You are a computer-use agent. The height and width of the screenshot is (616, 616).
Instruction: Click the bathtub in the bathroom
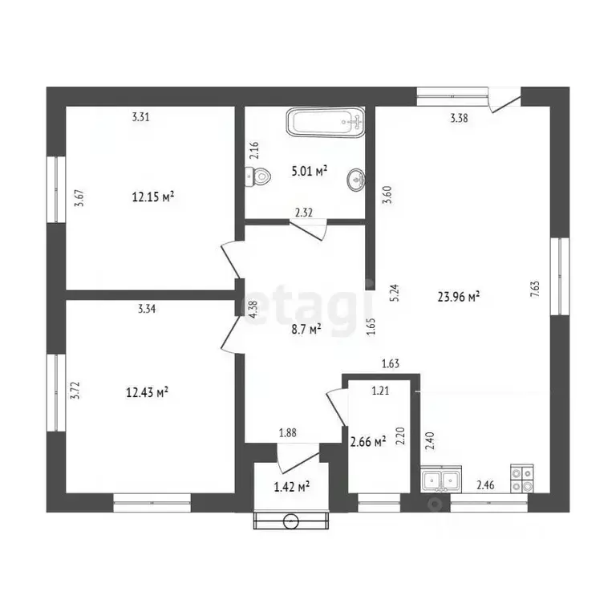tap(326, 122)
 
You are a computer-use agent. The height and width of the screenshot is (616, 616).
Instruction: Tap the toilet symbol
tap(257, 177)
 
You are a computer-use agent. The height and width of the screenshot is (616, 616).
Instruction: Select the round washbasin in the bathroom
tap(356, 180)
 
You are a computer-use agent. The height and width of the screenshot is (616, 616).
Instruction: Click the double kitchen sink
tap(441, 479)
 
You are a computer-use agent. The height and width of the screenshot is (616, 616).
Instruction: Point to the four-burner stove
tap(521, 478)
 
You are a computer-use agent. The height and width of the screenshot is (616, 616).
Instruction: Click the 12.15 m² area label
tap(153, 197)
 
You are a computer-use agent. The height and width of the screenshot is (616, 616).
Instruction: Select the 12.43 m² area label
tap(148, 392)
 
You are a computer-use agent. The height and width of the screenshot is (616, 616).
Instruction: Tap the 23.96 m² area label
tap(459, 296)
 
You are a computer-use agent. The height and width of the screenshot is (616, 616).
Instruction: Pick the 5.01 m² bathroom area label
tap(310, 171)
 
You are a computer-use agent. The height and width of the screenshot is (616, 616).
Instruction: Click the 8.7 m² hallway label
tap(306, 329)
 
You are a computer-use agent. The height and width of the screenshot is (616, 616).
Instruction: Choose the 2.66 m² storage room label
tap(368, 442)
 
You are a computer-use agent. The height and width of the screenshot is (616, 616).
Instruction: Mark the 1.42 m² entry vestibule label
tap(291, 487)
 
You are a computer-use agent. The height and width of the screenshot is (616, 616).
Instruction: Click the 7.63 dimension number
tap(535, 289)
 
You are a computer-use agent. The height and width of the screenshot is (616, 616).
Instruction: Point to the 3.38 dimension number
tap(459, 118)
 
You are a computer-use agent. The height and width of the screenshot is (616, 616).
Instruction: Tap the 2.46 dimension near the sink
tap(485, 485)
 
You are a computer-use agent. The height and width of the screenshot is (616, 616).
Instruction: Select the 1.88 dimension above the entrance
tap(288, 433)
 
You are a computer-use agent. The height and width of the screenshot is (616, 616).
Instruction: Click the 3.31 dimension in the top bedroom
tap(140, 116)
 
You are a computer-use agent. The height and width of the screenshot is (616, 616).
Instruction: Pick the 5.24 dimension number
tap(395, 293)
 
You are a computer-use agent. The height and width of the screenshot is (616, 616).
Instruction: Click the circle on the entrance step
tap(290, 521)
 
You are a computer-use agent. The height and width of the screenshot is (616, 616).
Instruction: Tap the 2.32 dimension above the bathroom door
tap(304, 213)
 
